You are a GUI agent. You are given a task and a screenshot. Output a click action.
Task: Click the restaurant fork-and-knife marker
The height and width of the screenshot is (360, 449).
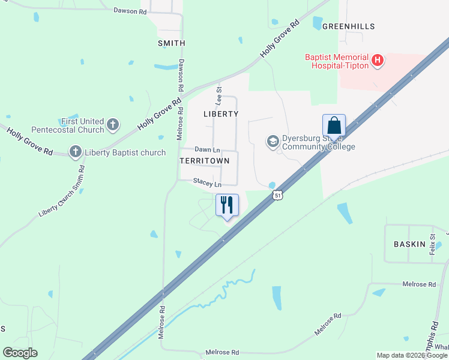coord(227,205)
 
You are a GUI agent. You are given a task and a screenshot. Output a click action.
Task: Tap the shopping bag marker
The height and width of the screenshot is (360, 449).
coord(334,125)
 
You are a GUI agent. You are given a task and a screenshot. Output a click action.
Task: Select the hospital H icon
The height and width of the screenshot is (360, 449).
coord(378,60)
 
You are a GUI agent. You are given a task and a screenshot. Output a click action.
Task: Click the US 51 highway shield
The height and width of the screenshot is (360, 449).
coord(277,195)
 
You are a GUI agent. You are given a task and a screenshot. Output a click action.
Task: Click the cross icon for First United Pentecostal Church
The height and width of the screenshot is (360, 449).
coord(113,125)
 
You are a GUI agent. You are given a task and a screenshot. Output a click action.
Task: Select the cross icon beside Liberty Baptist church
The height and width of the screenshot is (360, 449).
coord(76,152)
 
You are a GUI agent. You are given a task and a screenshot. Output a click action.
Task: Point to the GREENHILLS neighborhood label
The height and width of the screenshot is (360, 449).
coord(348,26)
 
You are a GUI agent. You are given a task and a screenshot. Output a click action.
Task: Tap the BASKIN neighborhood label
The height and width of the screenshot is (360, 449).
coord(409,244)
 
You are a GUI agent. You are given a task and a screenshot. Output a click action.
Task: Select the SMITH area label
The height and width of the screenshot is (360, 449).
coord(171,43)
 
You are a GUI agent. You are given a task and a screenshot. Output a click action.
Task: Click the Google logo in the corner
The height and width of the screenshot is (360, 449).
coord(20,352)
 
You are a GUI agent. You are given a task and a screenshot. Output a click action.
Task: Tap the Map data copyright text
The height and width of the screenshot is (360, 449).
coord(412,355)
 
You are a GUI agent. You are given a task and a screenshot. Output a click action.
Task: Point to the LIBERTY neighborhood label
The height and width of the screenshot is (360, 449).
coord(221,113)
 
